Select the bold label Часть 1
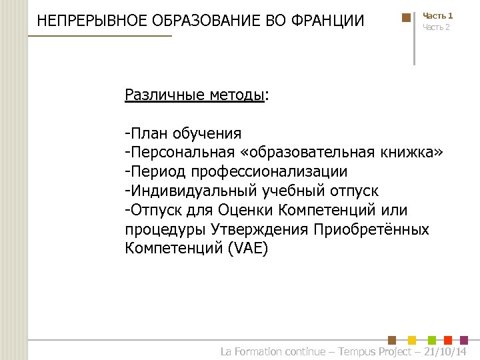[438, 15]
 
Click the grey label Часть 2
[437, 27]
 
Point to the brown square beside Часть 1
[406, 18]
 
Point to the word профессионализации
[269, 172]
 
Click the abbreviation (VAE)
[247, 249]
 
